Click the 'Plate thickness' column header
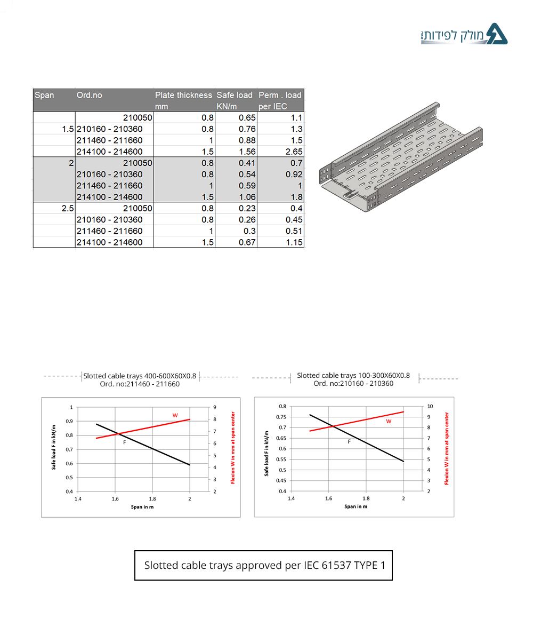[183, 95]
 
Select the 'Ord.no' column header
[89, 95]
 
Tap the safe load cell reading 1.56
[247, 152]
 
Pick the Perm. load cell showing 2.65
[293, 152]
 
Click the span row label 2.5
[67, 208]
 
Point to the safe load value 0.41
[247, 163]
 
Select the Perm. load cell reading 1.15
[293, 242]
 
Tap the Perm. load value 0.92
[293, 174]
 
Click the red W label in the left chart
[174, 415]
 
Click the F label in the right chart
[349, 441]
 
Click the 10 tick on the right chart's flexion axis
[430, 406]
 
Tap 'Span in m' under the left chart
[142, 506]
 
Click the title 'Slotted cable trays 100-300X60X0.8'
[353, 375]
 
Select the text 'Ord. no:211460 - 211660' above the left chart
[140, 384]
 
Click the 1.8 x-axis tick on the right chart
[366, 498]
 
